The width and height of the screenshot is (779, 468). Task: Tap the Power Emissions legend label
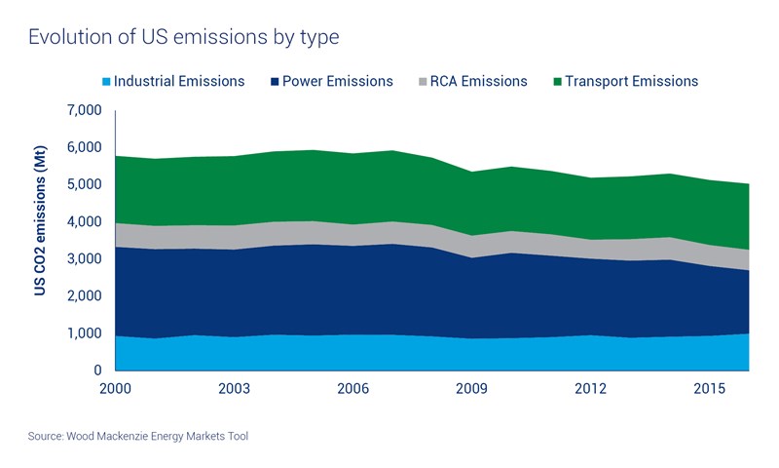(x=337, y=82)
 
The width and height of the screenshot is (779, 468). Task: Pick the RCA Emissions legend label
(x=478, y=82)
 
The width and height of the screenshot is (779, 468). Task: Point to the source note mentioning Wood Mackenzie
(x=138, y=436)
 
